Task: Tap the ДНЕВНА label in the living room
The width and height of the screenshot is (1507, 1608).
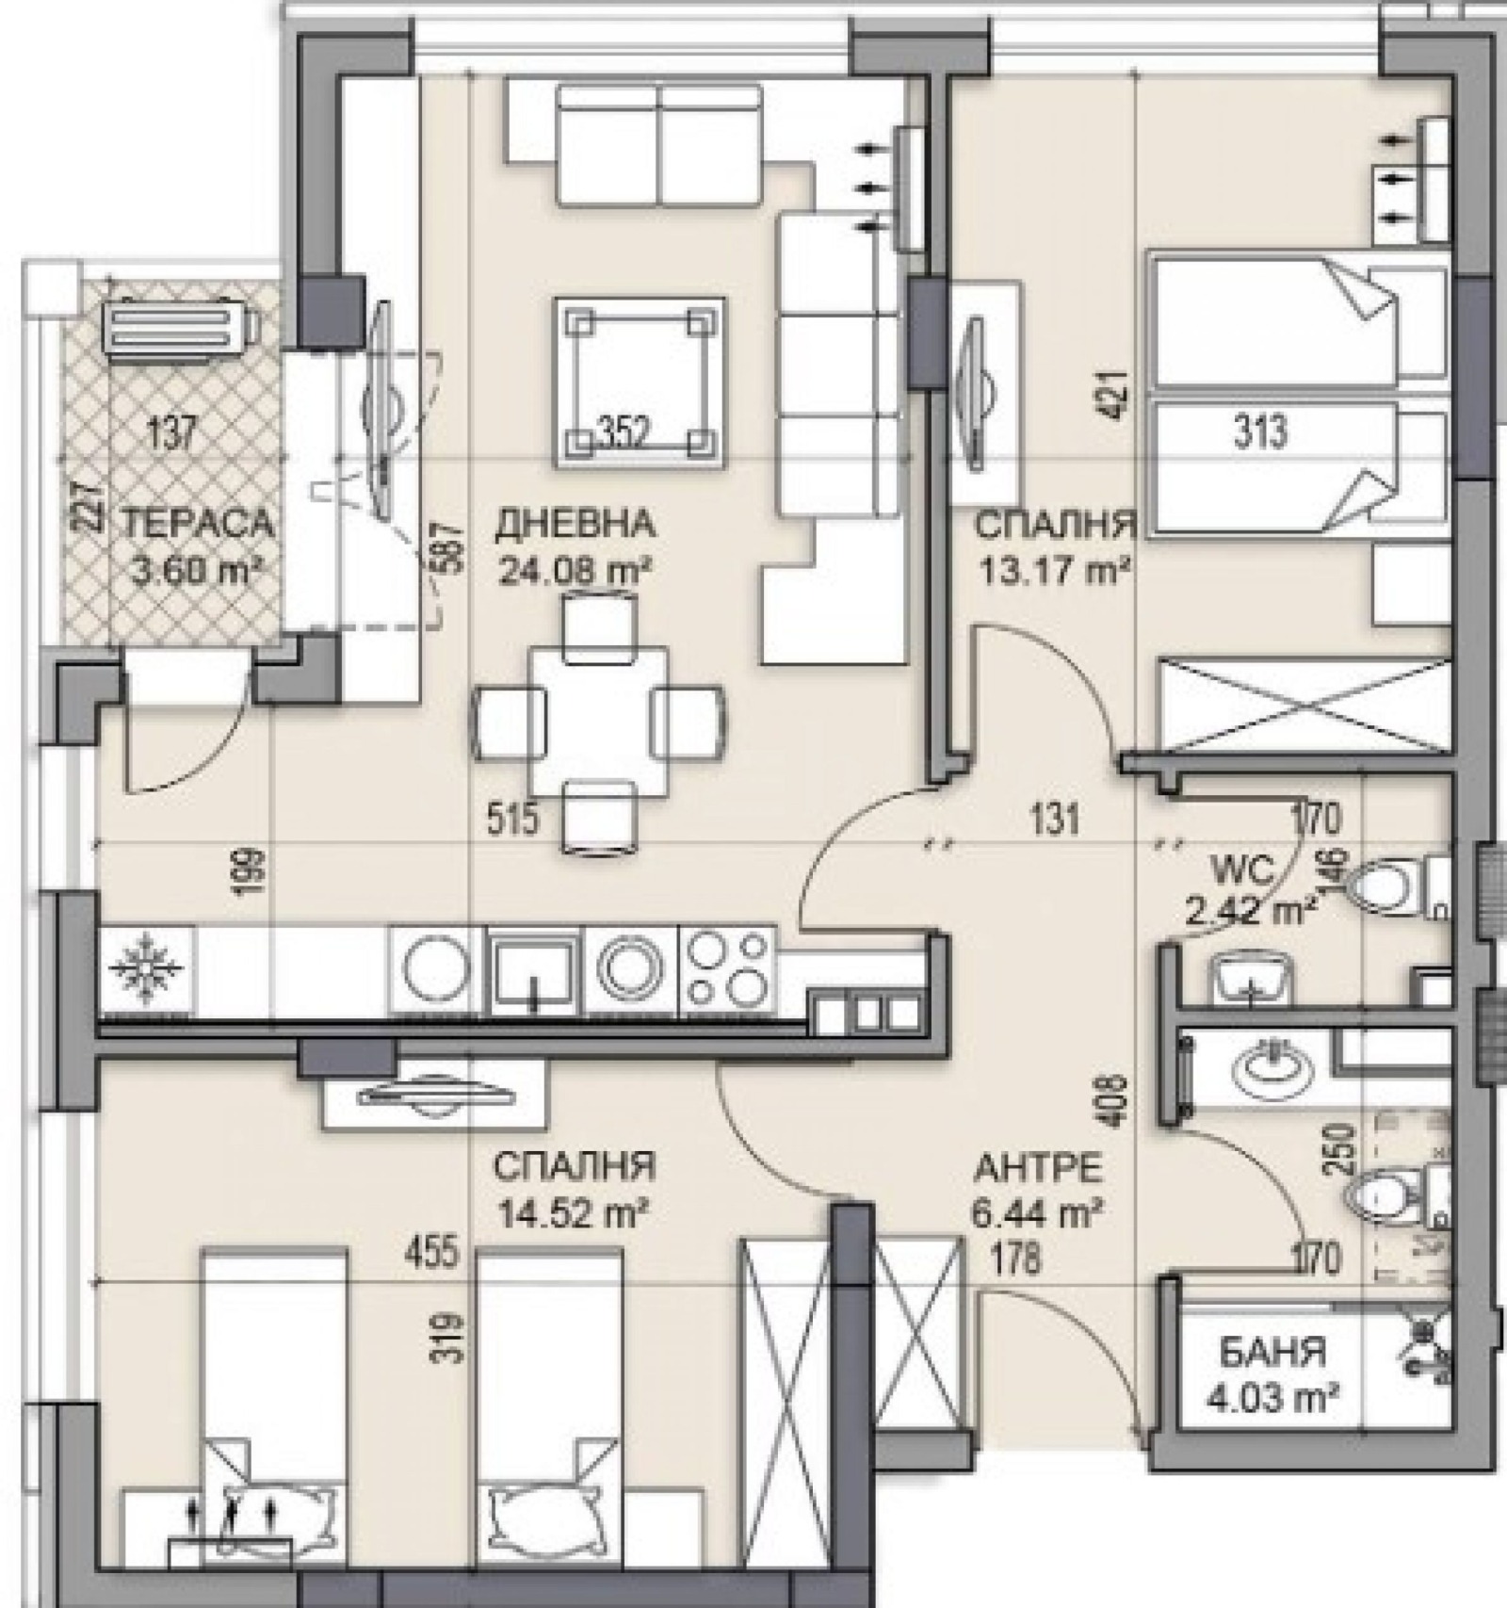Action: click(574, 523)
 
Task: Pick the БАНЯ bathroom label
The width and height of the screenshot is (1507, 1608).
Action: click(1272, 1354)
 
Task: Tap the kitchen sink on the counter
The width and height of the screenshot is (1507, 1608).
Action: click(535, 969)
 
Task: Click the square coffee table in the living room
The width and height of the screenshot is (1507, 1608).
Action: click(640, 382)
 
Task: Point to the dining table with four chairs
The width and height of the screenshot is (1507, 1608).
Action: click(599, 723)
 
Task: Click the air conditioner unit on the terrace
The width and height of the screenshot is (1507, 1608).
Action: click(180, 326)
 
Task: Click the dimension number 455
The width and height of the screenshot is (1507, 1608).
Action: click(432, 1253)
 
